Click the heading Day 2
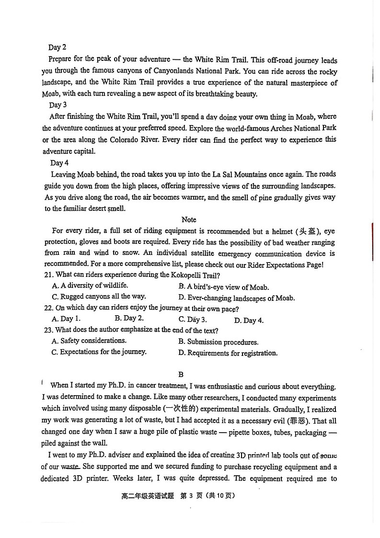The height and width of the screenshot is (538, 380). click(57, 47)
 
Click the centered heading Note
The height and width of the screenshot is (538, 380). click(189, 219)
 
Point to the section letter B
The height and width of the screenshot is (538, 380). click(181, 374)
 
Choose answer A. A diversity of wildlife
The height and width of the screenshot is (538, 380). click(90, 286)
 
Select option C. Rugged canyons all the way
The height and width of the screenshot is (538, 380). click(99, 297)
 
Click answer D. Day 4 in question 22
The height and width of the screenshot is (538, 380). click(248, 320)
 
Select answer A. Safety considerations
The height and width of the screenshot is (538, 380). click(89, 341)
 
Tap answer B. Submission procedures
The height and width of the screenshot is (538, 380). click(218, 342)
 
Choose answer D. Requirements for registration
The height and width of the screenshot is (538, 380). click(228, 353)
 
